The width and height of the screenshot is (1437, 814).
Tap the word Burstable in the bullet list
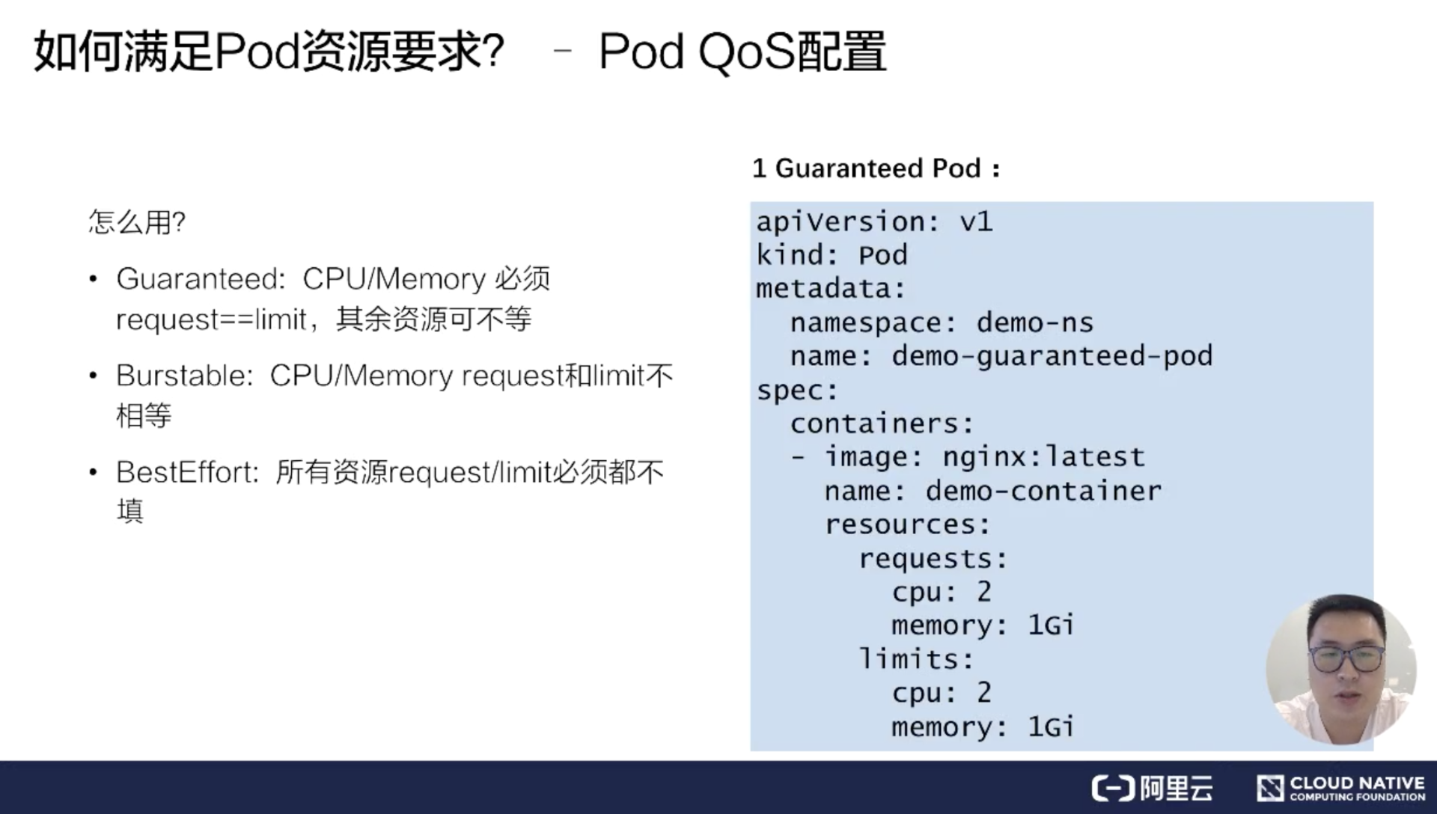pyautogui.click(x=184, y=376)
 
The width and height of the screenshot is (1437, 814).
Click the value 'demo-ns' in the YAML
pyautogui.click(x=1034, y=322)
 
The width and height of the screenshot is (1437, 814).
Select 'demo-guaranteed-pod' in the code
pyautogui.click(x=1052, y=356)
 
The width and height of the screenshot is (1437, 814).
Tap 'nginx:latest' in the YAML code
pyautogui.click(x=1043, y=457)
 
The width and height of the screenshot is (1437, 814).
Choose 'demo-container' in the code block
pyautogui.click(x=1043, y=492)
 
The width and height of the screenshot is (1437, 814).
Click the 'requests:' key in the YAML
pyautogui.click(x=933, y=559)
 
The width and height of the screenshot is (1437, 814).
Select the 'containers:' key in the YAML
pyautogui.click(x=882, y=424)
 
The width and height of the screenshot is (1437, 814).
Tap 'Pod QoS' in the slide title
pyautogui.click(x=696, y=52)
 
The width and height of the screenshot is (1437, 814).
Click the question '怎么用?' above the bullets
pyautogui.click(x=137, y=222)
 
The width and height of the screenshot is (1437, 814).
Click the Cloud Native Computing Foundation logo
pyautogui.click(x=1340, y=788)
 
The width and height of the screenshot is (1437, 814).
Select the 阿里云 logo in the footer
pyautogui.click(x=1153, y=788)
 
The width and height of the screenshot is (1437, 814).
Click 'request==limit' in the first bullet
pyautogui.click(x=212, y=320)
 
